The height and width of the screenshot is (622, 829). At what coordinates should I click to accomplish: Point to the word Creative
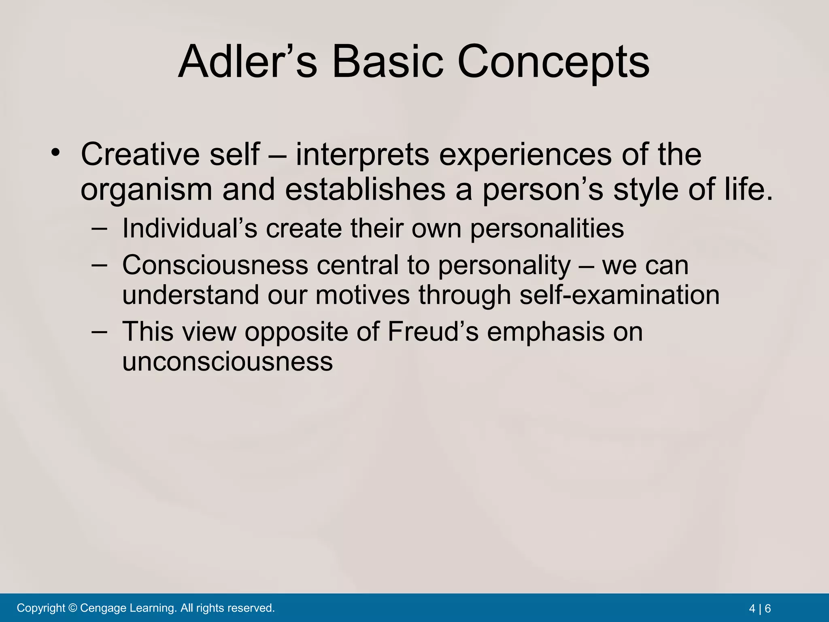[140, 154]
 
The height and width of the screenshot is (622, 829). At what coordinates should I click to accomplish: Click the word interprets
[362, 155]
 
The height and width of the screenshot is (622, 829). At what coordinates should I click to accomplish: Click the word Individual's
[189, 228]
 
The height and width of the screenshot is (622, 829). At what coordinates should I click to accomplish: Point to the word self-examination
[619, 295]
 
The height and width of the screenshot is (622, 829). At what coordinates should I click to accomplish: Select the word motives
[362, 295]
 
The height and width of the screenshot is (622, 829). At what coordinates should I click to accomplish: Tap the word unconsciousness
[227, 362]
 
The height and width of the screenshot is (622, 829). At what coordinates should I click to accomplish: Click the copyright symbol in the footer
[73, 608]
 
